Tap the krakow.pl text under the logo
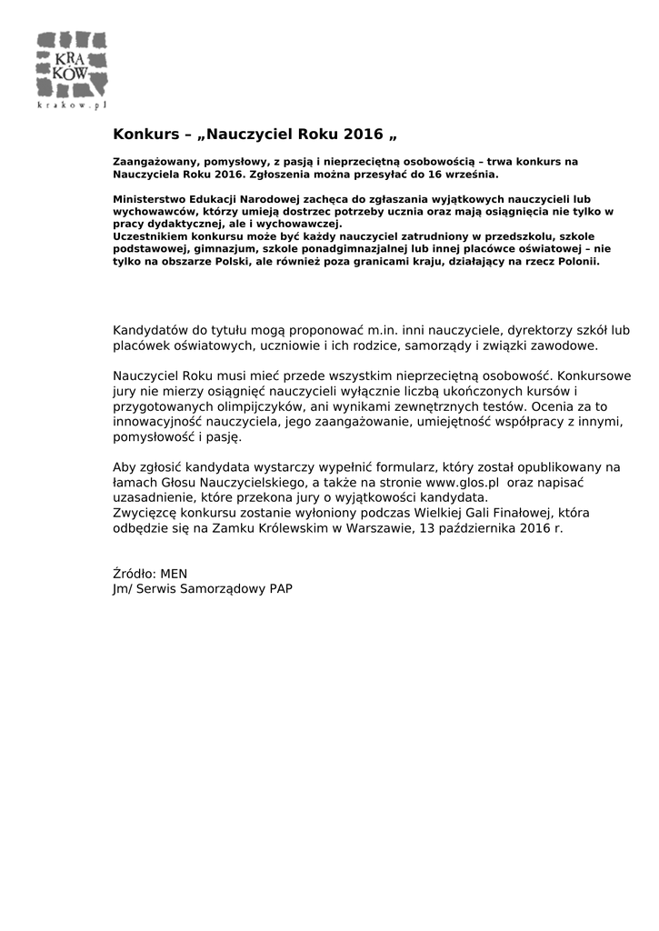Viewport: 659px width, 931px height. point(72,106)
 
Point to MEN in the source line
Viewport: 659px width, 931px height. point(173,574)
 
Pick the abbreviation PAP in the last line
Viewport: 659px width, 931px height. point(280,589)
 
